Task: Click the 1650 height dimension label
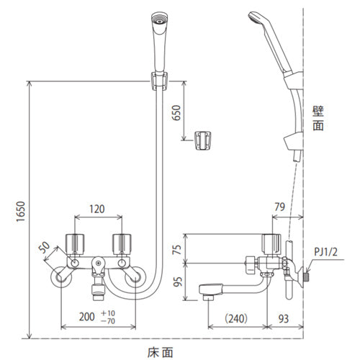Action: pyautogui.click(x=21, y=212)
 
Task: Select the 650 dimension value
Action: pyautogui.click(x=176, y=113)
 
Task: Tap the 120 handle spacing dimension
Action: pyautogui.click(x=97, y=209)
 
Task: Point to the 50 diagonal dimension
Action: pyautogui.click(x=45, y=247)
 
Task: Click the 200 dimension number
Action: pyautogui.click(x=87, y=317)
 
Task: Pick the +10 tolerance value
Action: pyautogui.click(x=108, y=313)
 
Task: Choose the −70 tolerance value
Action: pyautogui.click(x=108, y=321)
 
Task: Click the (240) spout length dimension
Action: pyautogui.click(x=236, y=319)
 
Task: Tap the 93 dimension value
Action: pyautogui.click(x=284, y=319)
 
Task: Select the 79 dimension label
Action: pyautogui.click(x=279, y=207)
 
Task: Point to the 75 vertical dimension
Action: pyautogui.click(x=178, y=250)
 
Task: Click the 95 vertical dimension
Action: pyautogui.click(x=178, y=282)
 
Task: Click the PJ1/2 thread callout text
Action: pyautogui.click(x=325, y=252)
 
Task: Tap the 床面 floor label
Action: pyautogui.click(x=160, y=353)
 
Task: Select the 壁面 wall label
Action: pyautogui.click(x=318, y=118)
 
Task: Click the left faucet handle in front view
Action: pyautogui.click(x=75, y=243)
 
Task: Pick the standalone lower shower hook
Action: pyautogui.click(x=203, y=140)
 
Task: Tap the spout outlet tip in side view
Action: pyautogui.click(x=208, y=297)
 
